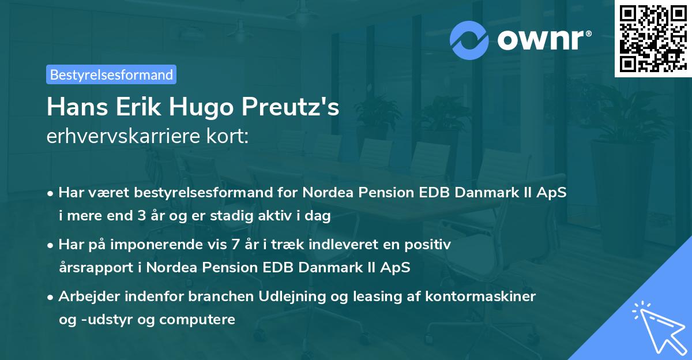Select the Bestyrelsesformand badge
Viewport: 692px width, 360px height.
(111, 74)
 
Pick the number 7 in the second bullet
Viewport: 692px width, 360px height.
(235, 245)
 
